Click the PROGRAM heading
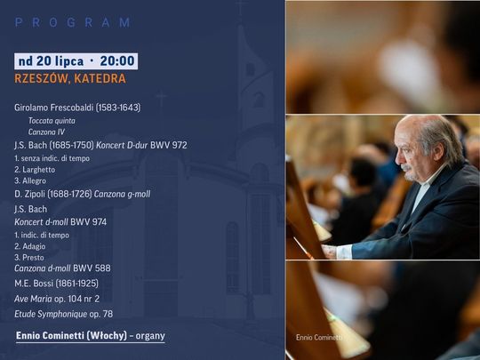[73, 22]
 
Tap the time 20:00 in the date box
[117, 61]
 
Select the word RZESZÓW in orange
[42, 79]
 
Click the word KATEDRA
[100, 79]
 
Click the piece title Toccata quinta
[52, 121]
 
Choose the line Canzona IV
[46, 132]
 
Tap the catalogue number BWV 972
[168, 145]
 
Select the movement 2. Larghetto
[35, 170]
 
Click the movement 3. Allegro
[30, 181]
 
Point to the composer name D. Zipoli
[29, 194]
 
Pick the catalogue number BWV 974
[89, 222]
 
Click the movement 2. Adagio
[30, 246]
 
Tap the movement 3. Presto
[29, 258]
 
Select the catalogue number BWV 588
[92, 268]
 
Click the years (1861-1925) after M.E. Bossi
[77, 284]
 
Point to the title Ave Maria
[33, 299]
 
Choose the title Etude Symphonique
[51, 314]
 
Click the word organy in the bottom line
[150, 336]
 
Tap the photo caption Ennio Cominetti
[319, 338]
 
